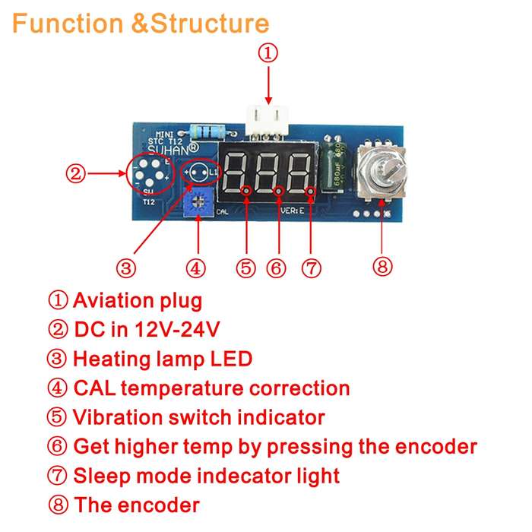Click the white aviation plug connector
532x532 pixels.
268,122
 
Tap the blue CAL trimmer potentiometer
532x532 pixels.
198,203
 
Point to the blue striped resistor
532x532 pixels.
207,131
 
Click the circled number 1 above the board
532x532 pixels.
268,53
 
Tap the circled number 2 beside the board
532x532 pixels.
75,173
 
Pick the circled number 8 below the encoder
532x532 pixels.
382,266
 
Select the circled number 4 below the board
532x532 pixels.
196,268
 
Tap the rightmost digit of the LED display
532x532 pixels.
299,173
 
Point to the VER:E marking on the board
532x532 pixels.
293,211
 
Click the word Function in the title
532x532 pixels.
68,24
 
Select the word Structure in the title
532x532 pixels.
210,24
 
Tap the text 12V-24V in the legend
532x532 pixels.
177,329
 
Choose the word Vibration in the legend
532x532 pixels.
118,417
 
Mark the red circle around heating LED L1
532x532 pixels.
200,173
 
